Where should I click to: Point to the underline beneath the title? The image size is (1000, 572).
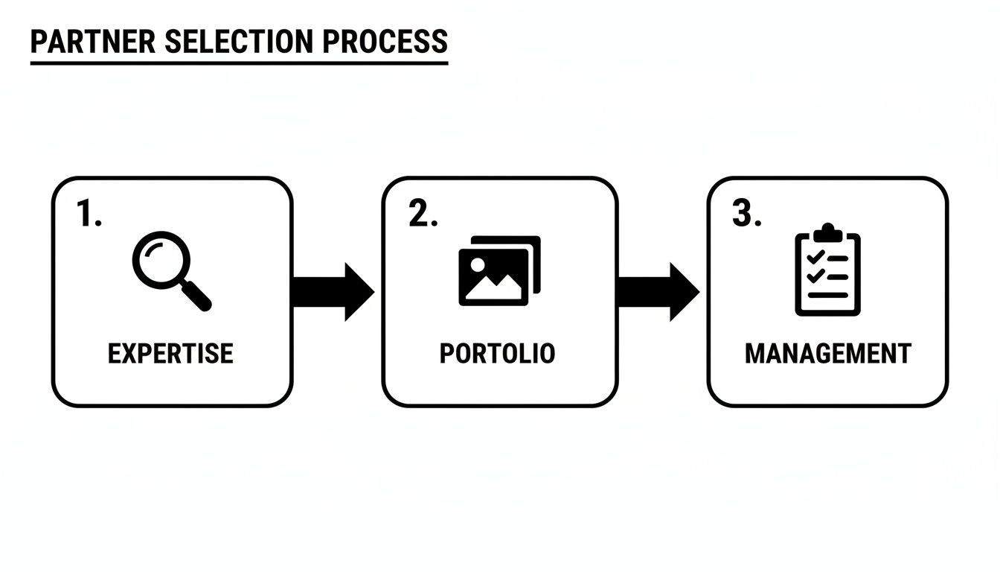239,63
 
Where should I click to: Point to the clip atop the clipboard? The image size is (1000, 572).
827,232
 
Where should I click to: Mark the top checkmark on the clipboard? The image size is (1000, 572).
815,257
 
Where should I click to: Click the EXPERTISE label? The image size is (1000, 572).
170,353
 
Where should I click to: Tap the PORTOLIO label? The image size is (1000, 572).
497,353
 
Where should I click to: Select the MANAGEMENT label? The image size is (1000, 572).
827,353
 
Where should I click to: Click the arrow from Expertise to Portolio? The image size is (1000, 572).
332,291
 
